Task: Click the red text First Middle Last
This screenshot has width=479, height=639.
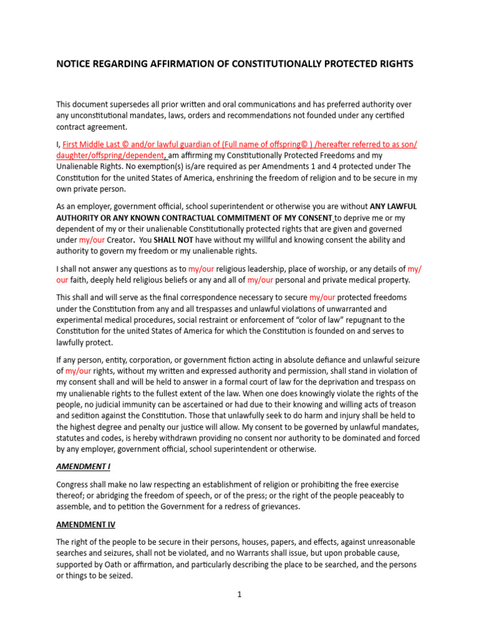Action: pyautogui.click(x=94, y=144)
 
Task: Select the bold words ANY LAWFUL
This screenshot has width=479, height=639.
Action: pyautogui.click(x=394, y=206)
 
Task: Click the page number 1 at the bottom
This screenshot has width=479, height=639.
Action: pyautogui.click(x=239, y=595)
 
